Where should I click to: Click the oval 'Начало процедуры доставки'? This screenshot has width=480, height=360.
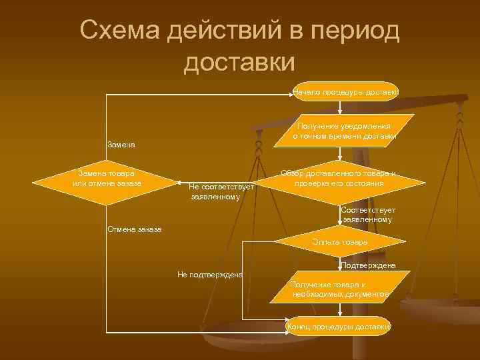346,91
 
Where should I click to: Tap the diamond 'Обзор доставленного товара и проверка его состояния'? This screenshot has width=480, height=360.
341,179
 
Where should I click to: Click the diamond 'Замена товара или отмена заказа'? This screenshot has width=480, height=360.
107,179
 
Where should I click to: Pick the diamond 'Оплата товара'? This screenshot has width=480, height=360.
339,241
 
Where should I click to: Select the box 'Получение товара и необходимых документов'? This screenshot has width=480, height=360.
339,289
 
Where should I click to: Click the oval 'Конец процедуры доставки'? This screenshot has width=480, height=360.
339,327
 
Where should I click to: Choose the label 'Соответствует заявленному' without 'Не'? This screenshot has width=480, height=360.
367,215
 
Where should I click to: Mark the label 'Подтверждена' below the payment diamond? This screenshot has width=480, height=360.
367,265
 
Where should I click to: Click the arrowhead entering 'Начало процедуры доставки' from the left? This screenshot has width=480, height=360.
291,91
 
